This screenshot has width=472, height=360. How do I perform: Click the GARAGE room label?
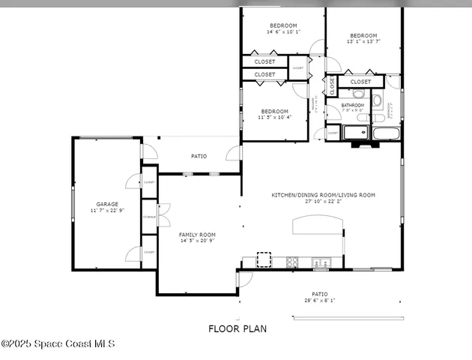(x=107, y=203)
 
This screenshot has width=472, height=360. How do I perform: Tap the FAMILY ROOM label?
(x=197, y=235)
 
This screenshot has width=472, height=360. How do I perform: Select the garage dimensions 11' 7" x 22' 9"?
(x=107, y=211)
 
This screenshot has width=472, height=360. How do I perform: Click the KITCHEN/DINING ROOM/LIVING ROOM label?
(x=323, y=195)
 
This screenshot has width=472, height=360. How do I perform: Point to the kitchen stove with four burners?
(x=293, y=262)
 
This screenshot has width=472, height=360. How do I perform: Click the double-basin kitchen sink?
(x=321, y=262)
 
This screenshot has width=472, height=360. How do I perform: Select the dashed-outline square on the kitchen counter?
(x=264, y=259)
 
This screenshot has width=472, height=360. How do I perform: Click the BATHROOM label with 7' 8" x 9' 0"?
(x=352, y=105)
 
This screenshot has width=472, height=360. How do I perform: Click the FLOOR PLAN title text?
(x=237, y=328)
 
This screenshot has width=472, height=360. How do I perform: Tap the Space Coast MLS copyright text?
(x=58, y=343)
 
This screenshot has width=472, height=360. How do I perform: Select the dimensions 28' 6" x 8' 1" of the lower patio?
(x=320, y=300)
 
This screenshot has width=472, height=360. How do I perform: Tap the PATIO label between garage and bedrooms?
(x=199, y=156)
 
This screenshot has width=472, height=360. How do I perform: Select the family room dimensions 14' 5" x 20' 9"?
(x=197, y=241)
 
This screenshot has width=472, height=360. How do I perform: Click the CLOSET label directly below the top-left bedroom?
(x=264, y=61)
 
